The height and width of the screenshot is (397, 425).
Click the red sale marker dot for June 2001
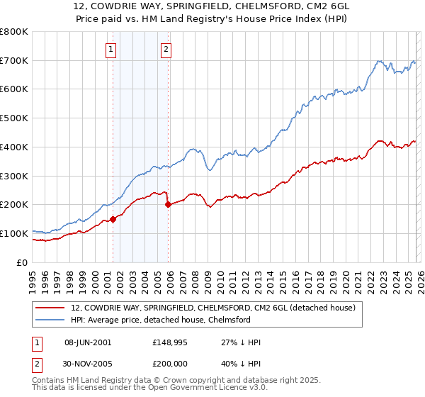click(113, 219)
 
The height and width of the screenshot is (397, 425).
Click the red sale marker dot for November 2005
click(168, 204)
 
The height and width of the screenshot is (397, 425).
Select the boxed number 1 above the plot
click(112, 49)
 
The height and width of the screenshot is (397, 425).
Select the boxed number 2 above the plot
click(166, 49)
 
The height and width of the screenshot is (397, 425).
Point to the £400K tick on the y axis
click(14, 147)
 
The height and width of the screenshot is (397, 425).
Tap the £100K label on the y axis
click(14, 233)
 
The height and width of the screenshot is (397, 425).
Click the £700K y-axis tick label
click(14, 60)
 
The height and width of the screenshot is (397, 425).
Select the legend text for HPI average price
click(161, 320)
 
